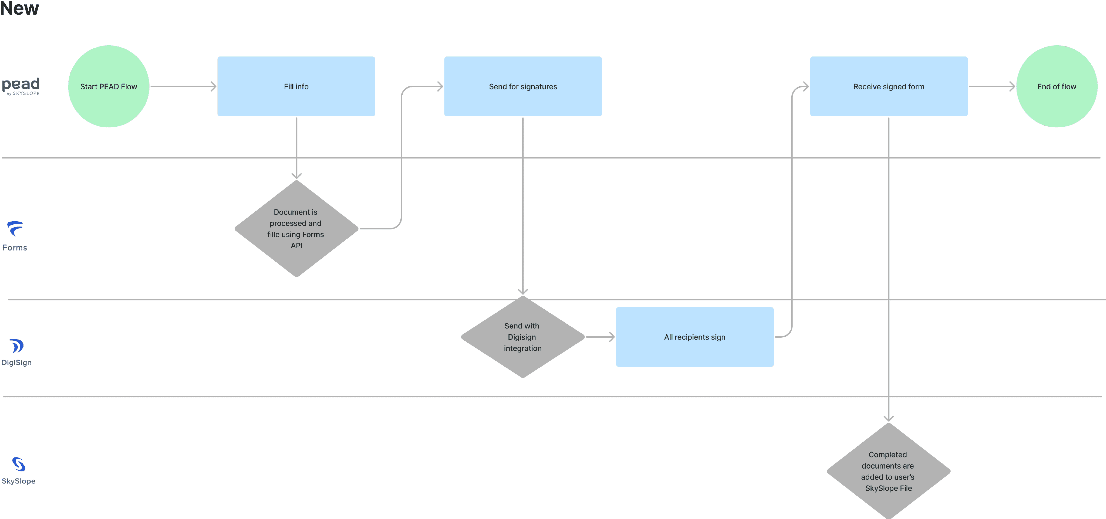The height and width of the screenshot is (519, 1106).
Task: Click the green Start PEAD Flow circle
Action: (109, 86)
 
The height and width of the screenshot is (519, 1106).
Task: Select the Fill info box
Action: (296, 86)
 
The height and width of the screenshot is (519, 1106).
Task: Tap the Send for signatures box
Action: (523, 86)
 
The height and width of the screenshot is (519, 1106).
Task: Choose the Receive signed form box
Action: (889, 86)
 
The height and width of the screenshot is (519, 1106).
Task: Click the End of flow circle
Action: (1057, 86)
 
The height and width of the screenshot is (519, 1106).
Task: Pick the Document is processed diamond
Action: (296, 228)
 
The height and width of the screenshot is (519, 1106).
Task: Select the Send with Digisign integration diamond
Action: (523, 337)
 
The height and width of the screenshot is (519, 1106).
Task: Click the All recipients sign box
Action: (695, 337)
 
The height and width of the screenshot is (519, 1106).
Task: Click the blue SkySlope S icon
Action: (18, 464)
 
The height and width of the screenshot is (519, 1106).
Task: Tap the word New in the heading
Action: (19, 8)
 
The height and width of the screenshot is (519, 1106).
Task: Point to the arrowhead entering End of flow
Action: (1012, 86)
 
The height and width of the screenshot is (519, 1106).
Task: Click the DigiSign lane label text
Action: (16, 363)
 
